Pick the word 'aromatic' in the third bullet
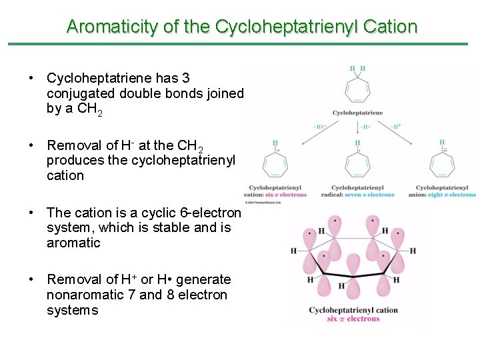(x=73, y=243)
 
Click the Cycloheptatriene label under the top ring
(x=357, y=113)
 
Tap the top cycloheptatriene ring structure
(x=357, y=89)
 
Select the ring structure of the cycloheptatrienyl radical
(x=358, y=163)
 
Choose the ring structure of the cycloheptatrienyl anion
(x=443, y=163)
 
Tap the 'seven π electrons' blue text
(x=371, y=195)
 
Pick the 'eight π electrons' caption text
(x=453, y=195)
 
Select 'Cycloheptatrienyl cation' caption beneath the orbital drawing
(x=353, y=310)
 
